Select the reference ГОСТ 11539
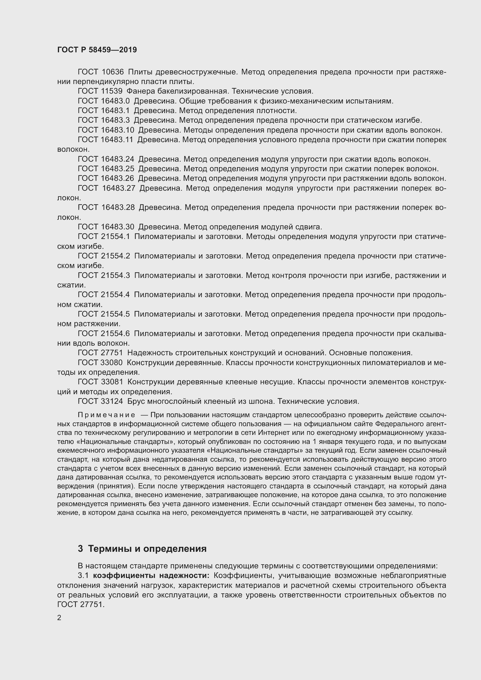pyautogui.click(x=100, y=91)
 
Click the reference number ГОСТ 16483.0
pyautogui.click(x=104, y=101)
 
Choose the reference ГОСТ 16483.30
pyautogui.click(x=106, y=227)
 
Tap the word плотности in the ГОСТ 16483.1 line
pyautogui.click(x=277, y=111)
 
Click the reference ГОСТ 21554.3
pyautogui.click(x=104, y=275)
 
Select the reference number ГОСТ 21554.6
pyautogui.click(x=104, y=333)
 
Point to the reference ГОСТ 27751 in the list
pyautogui.click(x=100, y=353)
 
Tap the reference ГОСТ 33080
pyautogui.click(x=100, y=363)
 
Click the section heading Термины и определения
pyautogui.click(x=147, y=549)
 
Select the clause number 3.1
pyautogui.click(x=83, y=575)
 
